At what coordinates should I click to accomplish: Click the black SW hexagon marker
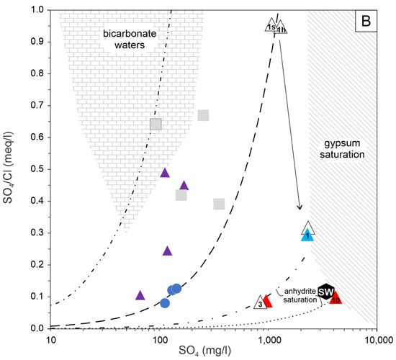pos(326,291)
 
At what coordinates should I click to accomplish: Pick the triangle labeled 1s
pos(271,27)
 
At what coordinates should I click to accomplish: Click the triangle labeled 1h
pos(282,27)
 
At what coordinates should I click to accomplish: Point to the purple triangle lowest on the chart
pos(140,295)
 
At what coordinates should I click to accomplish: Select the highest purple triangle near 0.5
pos(165,173)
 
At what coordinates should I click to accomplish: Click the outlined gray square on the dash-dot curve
pos(156,124)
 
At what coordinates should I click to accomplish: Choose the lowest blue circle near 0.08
pos(165,303)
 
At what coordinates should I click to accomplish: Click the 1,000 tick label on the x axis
pos(268,339)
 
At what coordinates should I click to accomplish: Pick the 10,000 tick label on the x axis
pos(376,339)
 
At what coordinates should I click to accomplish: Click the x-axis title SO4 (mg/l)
pos(214,352)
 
